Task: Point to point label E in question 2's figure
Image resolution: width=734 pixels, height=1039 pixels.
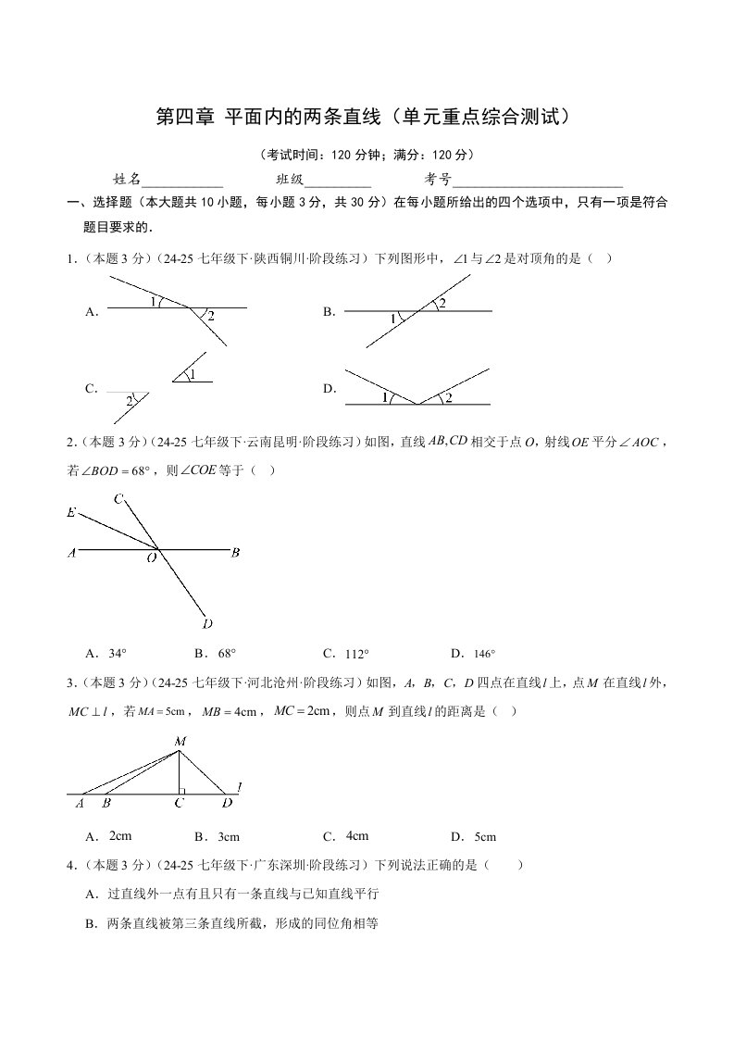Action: [x=71, y=512]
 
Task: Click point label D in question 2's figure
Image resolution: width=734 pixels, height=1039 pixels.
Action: [x=208, y=622]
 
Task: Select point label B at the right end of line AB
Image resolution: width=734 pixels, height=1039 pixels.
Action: [x=236, y=553]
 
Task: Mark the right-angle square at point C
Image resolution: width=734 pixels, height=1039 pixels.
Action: [x=183, y=790]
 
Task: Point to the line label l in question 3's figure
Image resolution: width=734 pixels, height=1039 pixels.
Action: [x=239, y=787]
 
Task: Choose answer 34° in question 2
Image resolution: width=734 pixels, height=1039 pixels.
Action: [x=118, y=653]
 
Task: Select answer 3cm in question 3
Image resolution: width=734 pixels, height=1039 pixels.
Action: [x=228, y=837]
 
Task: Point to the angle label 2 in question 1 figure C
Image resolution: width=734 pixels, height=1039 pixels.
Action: [x=129, y=399]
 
